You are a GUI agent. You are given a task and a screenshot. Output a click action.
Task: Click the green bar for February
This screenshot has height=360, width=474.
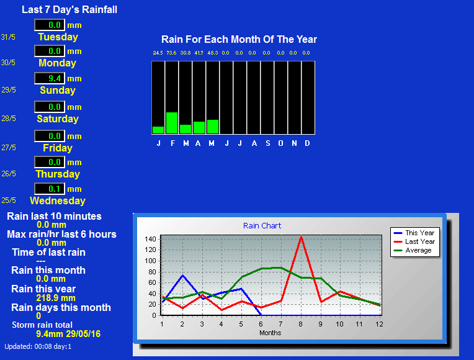point(172,123)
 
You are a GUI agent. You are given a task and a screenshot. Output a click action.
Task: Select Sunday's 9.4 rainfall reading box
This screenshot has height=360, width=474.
point(50,78)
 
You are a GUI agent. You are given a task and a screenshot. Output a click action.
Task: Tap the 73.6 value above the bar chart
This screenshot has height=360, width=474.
point(171,53)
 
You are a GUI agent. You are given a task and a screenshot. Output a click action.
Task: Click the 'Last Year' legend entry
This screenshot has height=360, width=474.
point(414,241)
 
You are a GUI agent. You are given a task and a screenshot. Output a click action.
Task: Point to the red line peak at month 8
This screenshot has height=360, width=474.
point(301,237)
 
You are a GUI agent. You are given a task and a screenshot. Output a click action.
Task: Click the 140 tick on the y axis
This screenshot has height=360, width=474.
point(150,239)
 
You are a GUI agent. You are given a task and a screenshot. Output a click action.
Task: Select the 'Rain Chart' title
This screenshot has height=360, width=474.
point(262,226)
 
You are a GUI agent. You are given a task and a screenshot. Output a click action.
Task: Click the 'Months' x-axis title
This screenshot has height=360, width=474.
point(271,333)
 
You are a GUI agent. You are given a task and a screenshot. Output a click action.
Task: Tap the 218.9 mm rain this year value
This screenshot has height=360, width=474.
point(56,298)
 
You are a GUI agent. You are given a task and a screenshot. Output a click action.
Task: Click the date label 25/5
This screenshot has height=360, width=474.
point(9,200)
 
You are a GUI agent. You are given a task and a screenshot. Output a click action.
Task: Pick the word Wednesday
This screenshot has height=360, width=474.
point(58,201)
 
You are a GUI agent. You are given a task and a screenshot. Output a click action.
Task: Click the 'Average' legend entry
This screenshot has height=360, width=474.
point(413,251)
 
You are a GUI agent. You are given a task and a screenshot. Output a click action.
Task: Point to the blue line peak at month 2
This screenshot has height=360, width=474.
point(182,276)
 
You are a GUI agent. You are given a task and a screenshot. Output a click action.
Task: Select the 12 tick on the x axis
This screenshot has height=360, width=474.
point(379,324)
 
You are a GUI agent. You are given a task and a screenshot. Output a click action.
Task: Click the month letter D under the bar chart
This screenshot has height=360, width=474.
point(307,143)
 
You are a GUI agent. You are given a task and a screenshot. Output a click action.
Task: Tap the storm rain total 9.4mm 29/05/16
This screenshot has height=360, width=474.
point(68,334)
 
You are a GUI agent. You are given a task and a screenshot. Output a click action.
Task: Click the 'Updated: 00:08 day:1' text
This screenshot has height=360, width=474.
point(38,347)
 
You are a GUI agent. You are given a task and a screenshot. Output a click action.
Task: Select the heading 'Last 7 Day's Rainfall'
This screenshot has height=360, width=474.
point(69,10)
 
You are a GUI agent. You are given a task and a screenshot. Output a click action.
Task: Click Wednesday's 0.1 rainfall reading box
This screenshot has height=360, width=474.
point(50,189)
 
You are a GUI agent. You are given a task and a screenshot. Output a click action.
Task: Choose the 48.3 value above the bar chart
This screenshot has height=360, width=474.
point(213,53)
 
